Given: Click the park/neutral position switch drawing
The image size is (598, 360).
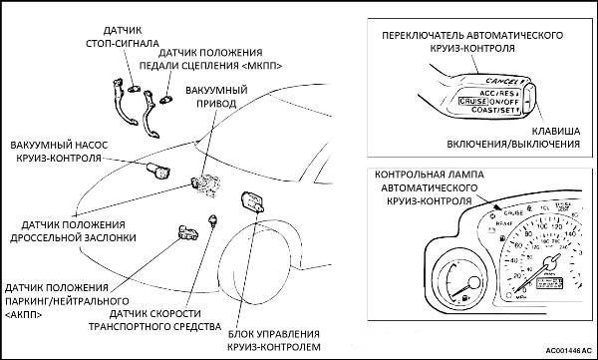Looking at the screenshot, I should pos(185,234).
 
